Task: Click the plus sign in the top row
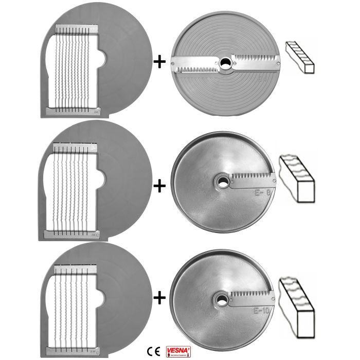(x=160, y=62)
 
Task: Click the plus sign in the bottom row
(x=160, y=297)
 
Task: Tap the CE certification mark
(x=153, y=352)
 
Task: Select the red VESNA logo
(x=177, y=351)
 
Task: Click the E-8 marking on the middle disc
(x=262, y=194)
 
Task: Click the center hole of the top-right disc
(x=226, y=63)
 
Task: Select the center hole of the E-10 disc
(x=222, y=297)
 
